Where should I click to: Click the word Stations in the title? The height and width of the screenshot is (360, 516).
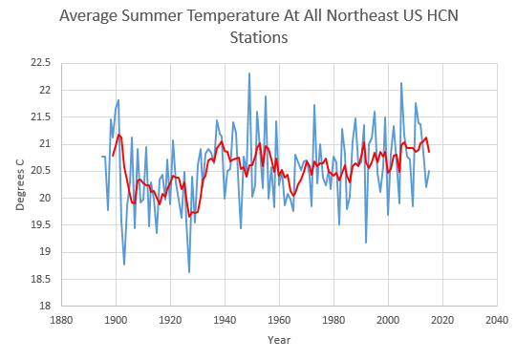tap(259, 37)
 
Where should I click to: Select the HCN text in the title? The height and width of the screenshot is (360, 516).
tap(442, 15)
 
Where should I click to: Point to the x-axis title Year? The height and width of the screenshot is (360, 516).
tap(279, 340)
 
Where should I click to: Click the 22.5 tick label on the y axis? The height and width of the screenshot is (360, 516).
tap(41, 62)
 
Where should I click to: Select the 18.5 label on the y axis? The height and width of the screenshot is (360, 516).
tap(41, 279)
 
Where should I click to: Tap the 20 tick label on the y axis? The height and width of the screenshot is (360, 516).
tap(46, 198)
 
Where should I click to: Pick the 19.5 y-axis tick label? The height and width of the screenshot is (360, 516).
tap(41, 224)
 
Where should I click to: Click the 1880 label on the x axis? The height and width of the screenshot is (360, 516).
tap(61, 320)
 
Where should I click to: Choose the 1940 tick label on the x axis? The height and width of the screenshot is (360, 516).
tap(225, 320)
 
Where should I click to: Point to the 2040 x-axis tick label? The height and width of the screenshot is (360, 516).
tap(497, 320)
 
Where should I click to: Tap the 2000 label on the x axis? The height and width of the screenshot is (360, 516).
tap(388, 320)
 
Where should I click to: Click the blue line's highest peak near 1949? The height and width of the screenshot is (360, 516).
tap(249, 74)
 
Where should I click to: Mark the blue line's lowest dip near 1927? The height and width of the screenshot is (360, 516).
tap(189, 272)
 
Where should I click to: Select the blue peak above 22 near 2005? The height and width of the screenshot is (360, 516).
tap(401, 83)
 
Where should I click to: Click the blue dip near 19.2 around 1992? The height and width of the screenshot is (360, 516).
tap(366, 243)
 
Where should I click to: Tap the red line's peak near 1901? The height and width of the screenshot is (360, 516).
tap(118, 135)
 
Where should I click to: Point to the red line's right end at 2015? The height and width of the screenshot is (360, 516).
tap(429, 152)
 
